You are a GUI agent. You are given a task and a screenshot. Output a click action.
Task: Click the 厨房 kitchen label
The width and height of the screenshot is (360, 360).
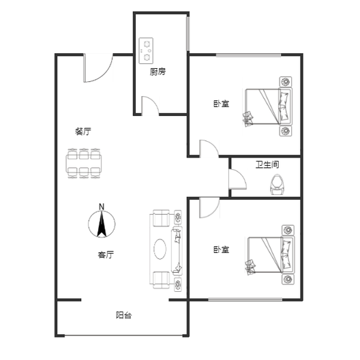click(x=157, y=72)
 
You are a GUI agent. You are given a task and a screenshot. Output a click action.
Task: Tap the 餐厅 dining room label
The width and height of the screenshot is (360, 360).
click(x=83, y=132)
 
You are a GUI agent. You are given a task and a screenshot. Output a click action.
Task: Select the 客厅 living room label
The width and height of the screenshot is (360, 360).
click(x=106, y=254)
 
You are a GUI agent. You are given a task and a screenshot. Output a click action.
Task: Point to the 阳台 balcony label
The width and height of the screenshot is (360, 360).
click(x=124, y=315)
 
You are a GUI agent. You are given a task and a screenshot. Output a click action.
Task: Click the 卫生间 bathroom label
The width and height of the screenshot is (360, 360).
click(x=267, y=164)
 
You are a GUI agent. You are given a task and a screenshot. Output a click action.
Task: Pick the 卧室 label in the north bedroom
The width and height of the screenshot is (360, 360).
click(x=222, y=104)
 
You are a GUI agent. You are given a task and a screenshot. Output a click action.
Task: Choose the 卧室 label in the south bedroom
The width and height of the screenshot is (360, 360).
click(x=222, y=250)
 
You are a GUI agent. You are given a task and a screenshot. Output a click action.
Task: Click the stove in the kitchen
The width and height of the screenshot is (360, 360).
click(x=146, y=50)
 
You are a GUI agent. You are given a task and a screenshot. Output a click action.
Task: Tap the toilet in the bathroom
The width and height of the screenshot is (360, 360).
click(x=277, y=185)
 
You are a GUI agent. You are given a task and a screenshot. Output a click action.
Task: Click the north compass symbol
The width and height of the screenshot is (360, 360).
click(x=102, y=224)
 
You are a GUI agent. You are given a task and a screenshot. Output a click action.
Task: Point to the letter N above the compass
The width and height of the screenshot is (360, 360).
click(x=102, y=207)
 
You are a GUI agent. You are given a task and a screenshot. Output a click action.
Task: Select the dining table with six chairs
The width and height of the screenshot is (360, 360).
click(x=84, y=163)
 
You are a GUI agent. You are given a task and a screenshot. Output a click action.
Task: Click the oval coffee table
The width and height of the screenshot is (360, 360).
click(x=160, y=249)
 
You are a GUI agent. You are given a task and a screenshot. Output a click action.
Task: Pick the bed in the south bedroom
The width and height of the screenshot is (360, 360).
click(x=271, y=255)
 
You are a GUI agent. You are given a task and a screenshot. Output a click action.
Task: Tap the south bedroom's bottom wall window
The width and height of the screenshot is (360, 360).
click(x=245, y=299)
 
